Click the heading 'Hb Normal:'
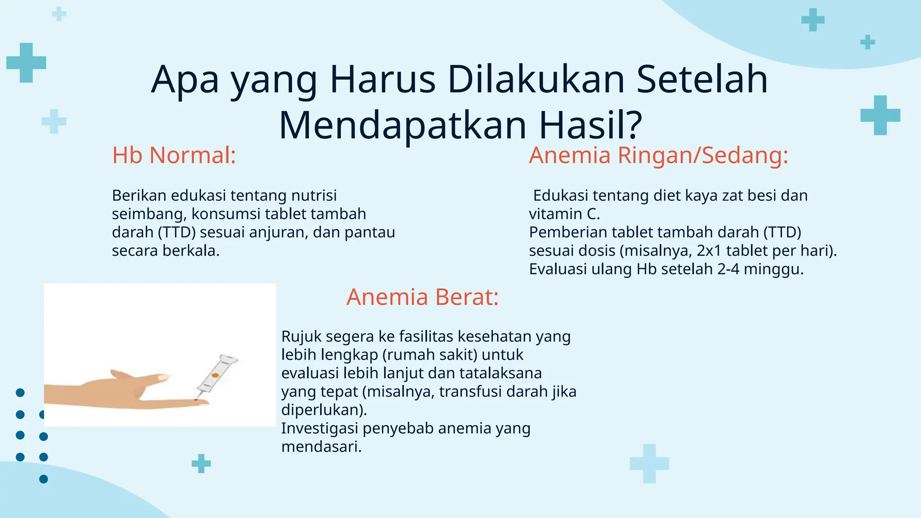[x=174, y=156]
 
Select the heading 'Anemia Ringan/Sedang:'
[x=658, y=156]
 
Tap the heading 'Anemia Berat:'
[x=422, y=297]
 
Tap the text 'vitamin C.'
[x=564, y=214]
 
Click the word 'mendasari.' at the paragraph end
[x=321, y=447]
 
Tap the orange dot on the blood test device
[x=215, y=375]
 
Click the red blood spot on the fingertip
[x=196, y=399]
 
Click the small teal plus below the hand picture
[x=201, y=463]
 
